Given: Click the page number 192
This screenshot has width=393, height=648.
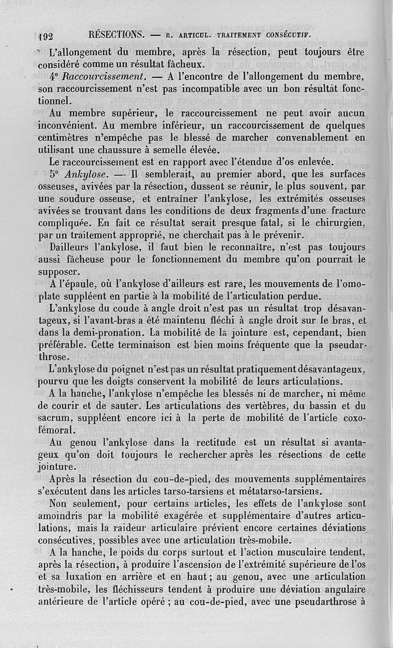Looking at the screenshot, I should (x=49, y=36).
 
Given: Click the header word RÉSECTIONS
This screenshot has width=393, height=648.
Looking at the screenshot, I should (x=116, y=35).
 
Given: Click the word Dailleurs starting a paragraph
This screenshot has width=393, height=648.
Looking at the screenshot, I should (x=71, y=247).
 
